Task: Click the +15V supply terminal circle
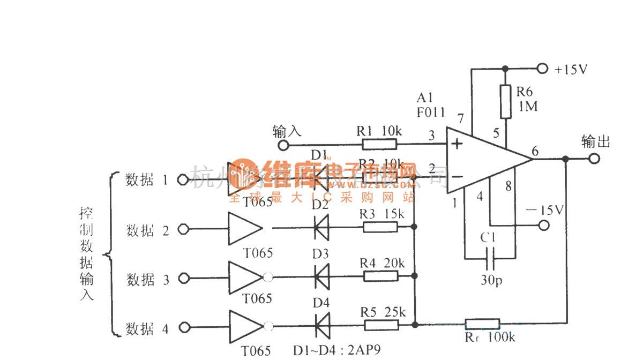point(543,69)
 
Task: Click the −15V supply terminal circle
point(544,225)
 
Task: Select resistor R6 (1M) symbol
point(504,101)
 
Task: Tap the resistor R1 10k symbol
point(379,144)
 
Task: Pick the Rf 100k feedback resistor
point(482,324)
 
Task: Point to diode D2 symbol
point(320,228)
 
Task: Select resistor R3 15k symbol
point(380,228)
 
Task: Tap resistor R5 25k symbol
point(380,325)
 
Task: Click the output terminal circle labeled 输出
point(593,159)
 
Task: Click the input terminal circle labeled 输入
point(283,145)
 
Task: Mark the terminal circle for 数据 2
point(183,229)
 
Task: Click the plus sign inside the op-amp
point(457,144)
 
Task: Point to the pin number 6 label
point(535,151)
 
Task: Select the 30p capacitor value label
point(491,281)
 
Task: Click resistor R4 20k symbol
point(380,276)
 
